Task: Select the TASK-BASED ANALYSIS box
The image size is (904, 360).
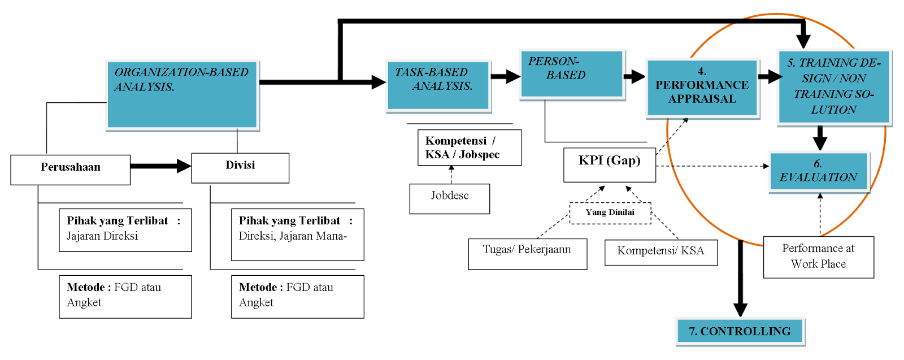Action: [x=438, y=86]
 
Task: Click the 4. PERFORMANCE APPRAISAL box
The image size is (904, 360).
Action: [x=702, y=88]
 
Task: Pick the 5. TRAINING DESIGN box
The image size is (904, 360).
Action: [x=833, y=87]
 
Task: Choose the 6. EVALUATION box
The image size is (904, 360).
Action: [x=818, y=171]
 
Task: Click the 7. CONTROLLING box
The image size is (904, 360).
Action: [x=740, y=331]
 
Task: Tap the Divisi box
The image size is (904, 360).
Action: [x=240, y=168]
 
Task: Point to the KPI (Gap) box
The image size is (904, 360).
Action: [x=609, y=164]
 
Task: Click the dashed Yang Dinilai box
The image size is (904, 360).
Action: [x=610, y=213]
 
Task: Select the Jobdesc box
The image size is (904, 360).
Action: [x=449, y=198]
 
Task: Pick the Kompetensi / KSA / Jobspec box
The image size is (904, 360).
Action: [x=469, y=148]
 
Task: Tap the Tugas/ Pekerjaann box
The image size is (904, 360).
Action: [x=527, y=253]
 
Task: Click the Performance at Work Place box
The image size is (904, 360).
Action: [x=818, y=257]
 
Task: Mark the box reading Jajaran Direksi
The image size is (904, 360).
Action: [x=125, y=229]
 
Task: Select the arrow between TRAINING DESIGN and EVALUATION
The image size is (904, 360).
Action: [x=820, y=138]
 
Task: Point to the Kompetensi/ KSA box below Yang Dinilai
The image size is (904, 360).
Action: [x=660, y=252]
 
